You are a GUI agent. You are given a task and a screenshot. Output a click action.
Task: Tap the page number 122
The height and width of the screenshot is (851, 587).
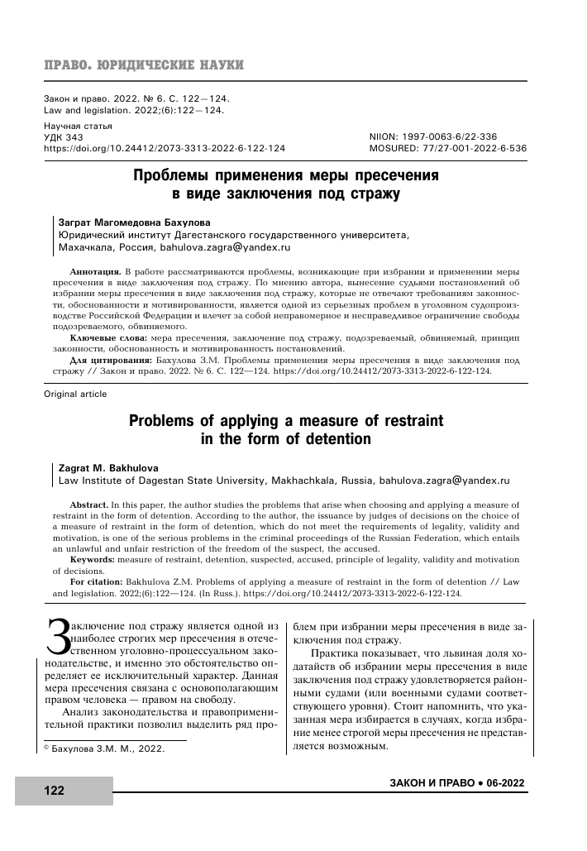[54, 791]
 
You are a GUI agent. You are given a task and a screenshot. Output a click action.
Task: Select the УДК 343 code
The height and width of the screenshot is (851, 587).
[63, 136]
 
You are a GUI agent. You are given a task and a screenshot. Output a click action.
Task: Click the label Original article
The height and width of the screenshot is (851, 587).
[74, 394]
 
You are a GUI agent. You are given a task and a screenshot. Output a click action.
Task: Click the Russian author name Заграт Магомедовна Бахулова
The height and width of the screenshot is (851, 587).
[131, 222]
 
